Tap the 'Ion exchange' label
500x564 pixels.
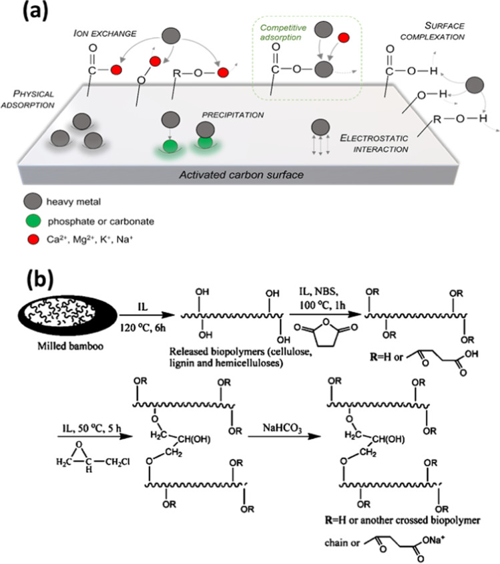(x=105, y=33)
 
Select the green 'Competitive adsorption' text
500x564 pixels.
(x=283, y=32)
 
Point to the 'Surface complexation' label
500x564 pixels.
(x=433, y=31)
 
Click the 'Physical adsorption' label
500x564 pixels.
(x=27, y=100)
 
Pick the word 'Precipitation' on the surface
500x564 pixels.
(x=233, y=115)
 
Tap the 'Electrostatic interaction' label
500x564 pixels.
(x=374, y=144)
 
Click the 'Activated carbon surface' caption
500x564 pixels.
(x=242, y=175)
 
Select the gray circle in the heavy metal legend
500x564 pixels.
(x=33, y=202)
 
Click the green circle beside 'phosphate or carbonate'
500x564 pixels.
(x=34, y=221)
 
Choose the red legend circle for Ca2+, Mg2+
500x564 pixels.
(x=33, y=239)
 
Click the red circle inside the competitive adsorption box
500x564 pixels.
(x=344, y=37)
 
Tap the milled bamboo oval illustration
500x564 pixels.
(x=67, y=315)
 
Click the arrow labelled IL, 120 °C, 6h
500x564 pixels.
(x=147, y=315)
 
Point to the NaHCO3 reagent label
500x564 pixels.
(x=282, y=428)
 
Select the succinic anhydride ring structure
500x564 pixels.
(x=326, y=332)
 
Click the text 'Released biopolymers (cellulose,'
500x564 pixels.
(x=241, y=351)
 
